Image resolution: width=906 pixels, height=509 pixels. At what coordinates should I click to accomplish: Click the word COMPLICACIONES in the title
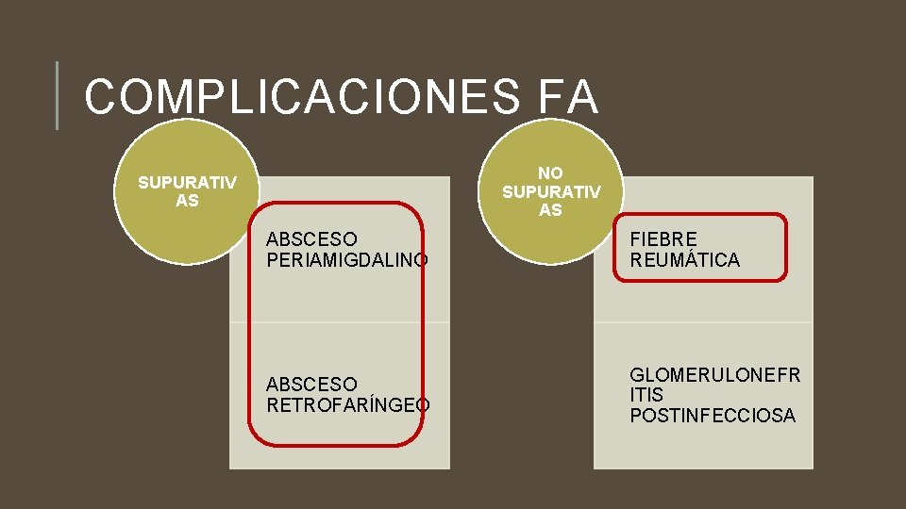point(301,97)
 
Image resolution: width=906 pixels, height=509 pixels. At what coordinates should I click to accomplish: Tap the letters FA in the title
point(568,97)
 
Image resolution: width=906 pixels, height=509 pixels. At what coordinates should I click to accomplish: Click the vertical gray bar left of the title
point(57,95)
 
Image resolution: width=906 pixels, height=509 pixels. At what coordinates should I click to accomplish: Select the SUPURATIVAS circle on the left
point(186,191)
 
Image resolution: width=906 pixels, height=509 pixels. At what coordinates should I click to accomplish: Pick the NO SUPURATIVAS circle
point(550,191)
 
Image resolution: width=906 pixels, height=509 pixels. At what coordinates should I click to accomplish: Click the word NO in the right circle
point(550,173)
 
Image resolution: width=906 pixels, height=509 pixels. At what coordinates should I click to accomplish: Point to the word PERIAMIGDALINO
point(347,259)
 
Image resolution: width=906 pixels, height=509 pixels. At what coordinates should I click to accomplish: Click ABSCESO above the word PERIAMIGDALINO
point(311,239)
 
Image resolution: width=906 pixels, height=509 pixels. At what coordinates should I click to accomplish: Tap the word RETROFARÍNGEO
point(347,405)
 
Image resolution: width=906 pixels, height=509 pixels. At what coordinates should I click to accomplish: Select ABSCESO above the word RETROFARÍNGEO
point(311,385)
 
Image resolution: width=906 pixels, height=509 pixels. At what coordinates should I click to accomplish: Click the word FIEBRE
point(663,239)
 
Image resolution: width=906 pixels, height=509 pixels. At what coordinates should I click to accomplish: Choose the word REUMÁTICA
point(684,260)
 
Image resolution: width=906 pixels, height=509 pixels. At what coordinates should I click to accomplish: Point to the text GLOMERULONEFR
point(714,375)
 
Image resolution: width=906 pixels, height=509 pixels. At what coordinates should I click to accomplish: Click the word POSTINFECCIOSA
point(713,416)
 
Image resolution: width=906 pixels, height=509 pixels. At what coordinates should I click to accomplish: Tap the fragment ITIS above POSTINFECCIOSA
point(646,395)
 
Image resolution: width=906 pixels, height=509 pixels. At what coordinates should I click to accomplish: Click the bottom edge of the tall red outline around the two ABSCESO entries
point(335,443)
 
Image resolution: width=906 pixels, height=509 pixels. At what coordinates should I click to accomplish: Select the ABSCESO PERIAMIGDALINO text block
point(347,250)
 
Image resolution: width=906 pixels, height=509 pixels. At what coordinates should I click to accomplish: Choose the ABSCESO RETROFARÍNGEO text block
point(347,395)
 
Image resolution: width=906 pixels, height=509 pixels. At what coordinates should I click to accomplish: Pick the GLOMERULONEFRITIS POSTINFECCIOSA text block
point(714,395)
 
